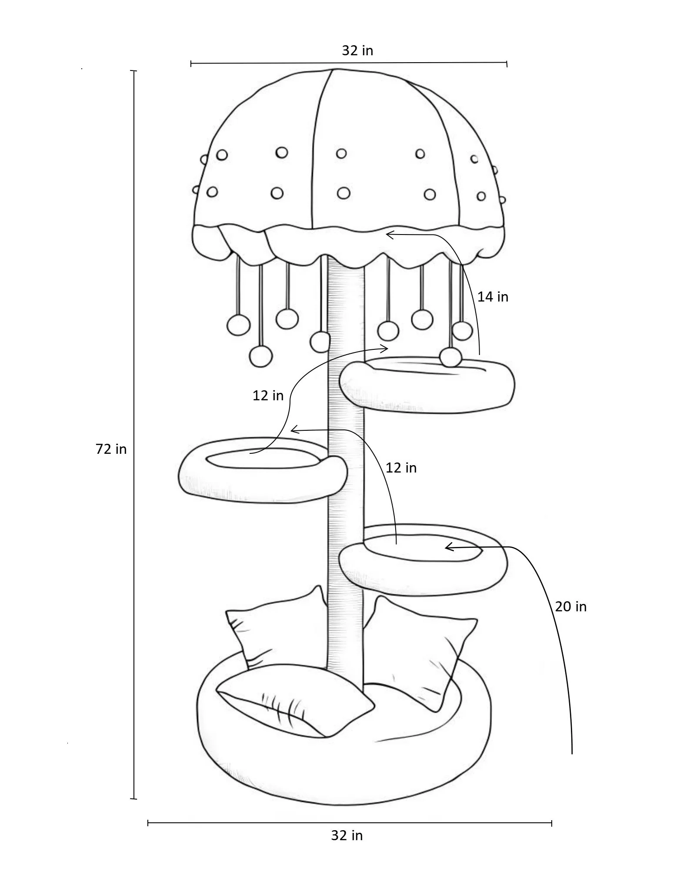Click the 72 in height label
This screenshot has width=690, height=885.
[111, 449]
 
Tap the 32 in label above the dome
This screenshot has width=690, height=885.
[357, 50]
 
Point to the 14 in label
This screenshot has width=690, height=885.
[493, 297]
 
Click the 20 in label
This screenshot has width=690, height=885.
[570, 607]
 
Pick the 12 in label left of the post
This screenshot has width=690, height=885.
[268, 396]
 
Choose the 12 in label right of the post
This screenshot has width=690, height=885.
[401, 468]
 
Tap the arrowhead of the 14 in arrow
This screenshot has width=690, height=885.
[388, 235]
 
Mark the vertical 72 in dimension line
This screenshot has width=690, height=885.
[134, 435]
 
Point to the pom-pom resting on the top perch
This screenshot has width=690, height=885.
[450, 358]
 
